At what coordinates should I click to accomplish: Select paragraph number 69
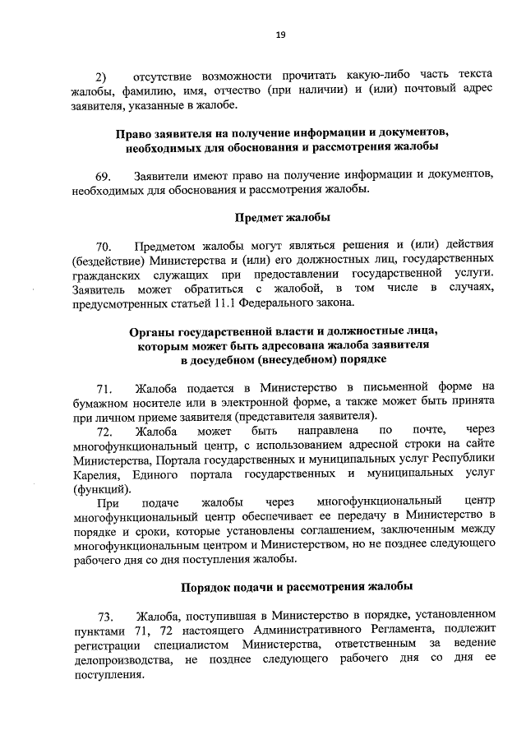103,176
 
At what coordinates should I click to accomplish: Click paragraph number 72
104,430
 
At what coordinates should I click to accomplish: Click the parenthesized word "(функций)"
98,488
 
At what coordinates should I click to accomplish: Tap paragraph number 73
104,616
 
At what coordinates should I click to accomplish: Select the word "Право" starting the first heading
133,132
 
